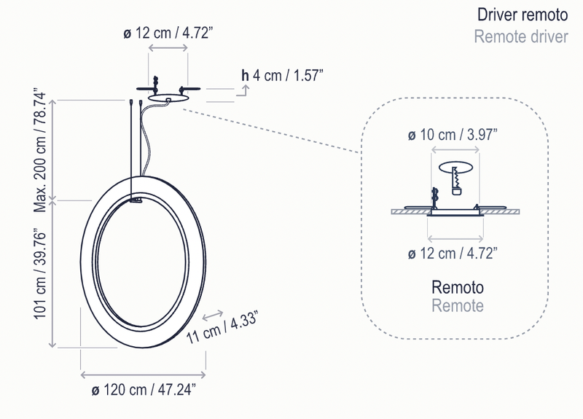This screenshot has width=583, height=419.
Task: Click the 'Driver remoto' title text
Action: point(521,15)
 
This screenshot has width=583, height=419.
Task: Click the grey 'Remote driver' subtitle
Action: point(520,36)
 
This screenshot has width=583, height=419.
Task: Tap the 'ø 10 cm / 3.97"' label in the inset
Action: point(453,135)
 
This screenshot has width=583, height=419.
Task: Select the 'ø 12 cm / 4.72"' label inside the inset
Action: point(453,253)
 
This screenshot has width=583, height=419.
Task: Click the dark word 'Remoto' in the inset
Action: point(457,286)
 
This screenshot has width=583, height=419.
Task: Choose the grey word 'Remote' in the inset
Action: point(457,305)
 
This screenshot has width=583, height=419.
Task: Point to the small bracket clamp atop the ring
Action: point(137,197)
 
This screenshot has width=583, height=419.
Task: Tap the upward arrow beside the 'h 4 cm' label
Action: point(246,90)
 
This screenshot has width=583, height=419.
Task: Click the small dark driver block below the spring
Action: point(457,191)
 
